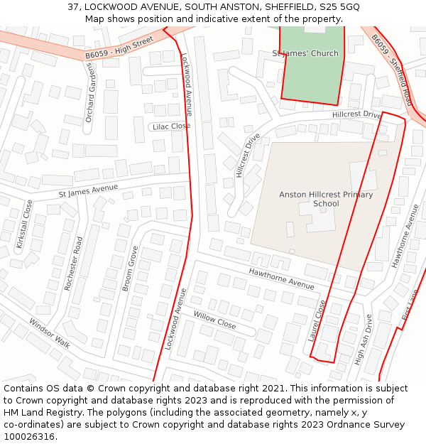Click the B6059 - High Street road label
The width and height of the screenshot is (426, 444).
(119, 48)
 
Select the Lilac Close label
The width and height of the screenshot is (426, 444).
(170, 126)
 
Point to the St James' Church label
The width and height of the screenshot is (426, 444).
(305, 53)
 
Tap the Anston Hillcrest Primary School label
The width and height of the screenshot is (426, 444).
(316, 199)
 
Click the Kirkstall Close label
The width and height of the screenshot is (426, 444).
(24, 224)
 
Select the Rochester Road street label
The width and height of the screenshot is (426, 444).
(74, 263)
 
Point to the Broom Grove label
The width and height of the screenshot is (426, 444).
(130, 269)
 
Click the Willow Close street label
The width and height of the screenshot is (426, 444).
(214, 320)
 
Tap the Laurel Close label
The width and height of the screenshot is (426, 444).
(317, 320)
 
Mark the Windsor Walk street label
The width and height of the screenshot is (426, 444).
(50, 332)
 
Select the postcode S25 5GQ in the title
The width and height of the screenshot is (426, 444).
(339, 6)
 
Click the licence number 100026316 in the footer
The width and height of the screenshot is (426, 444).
(31, 436)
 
